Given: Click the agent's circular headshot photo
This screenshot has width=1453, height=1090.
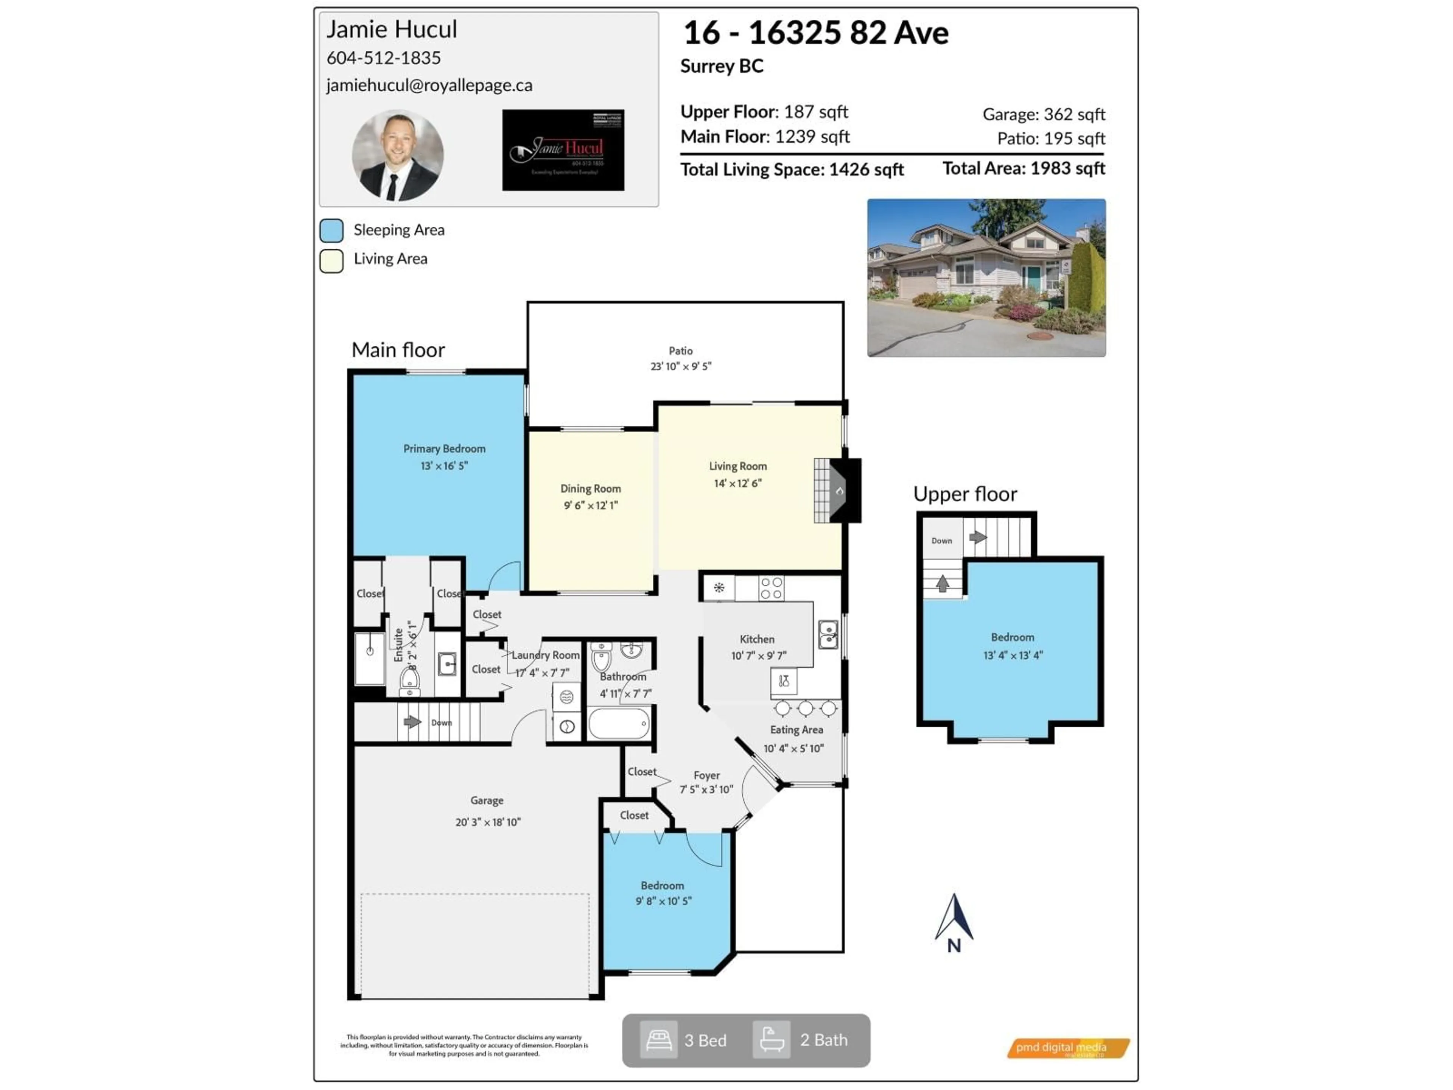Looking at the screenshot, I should click(397, 155).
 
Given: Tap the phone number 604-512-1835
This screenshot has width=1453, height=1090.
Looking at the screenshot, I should click(384, 58).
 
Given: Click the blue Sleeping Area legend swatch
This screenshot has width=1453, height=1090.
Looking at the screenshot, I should click(332, 230).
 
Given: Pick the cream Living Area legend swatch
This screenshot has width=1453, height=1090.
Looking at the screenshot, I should click(332, 260).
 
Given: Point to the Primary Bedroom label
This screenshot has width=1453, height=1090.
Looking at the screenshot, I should click(444, 449).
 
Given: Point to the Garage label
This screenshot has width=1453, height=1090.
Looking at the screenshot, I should click(487, 800).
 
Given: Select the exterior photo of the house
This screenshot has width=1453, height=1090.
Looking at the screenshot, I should click(986, 278).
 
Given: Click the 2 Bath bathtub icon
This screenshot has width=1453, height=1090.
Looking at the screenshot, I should click(771, 1040).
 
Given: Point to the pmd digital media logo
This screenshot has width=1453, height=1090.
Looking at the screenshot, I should click(1067, 1047).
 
